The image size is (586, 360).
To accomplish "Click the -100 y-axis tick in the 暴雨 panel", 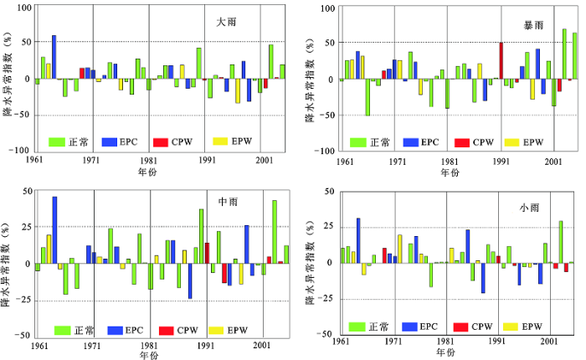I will click(326, 151).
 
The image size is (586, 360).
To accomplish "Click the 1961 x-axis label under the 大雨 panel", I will click(35, 160).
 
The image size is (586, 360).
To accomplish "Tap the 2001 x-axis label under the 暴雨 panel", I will click(549, 160).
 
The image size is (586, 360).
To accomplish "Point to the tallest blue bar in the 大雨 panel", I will click(54, 57).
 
